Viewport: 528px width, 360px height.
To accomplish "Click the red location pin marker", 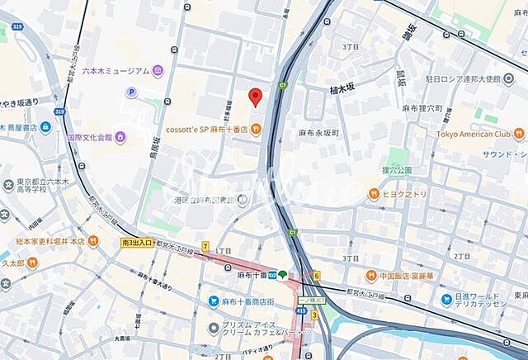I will [x=255, y=97].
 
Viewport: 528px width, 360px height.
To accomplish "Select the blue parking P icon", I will [x=131, y=92].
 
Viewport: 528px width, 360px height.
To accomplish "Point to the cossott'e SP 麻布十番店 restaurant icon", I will [x=257, y=128].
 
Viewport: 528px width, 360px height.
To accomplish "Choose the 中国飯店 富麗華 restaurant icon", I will [x=371, y=275].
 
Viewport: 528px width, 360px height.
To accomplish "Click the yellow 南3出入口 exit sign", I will [x=136, y=243].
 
